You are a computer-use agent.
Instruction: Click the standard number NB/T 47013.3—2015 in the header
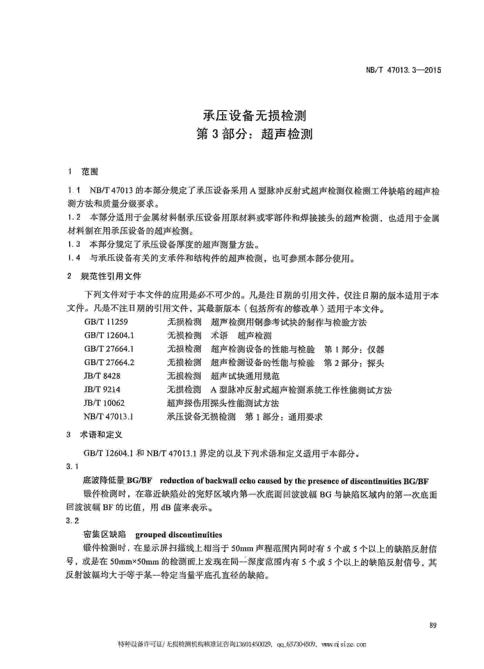[x=403, y=70]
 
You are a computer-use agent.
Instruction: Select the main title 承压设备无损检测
[x=255, y=116]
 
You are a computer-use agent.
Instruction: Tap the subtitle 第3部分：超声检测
[x=255, y=134]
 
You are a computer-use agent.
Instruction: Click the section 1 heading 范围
[x=89, y=171]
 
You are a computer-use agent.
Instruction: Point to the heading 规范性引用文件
[x=111, y=276]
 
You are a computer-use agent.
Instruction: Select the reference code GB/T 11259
[x=106, y=321]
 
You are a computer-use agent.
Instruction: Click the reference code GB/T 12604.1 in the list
[x=109, y=335]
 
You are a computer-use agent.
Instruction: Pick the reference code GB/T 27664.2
[x=109, y=362]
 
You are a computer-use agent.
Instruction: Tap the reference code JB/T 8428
[x=102, y=376]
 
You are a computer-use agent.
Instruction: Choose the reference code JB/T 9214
[x=102, y=389]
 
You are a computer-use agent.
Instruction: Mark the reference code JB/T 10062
[x=104, y=403]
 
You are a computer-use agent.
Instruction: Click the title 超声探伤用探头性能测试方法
[x=223, y=403]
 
